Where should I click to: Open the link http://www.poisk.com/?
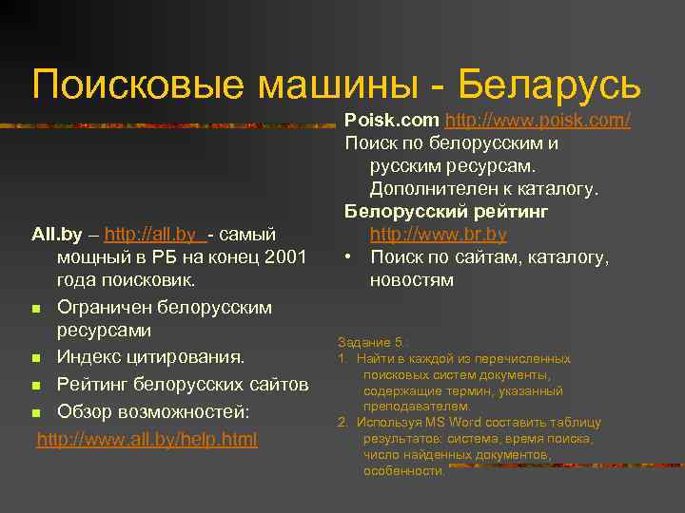click(x=538, y=121)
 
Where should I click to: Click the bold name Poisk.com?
click(x=391, y=121)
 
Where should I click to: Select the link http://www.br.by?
click(x=438, y=234)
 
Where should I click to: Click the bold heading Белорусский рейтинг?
click(x=446, y=211)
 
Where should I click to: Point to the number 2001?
click(x=284, y=257)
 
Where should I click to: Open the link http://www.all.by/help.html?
click(x=147, y=440)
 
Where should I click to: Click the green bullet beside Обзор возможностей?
click(x=35, y=413)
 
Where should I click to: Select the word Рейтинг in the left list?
click(x=94, y=385)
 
